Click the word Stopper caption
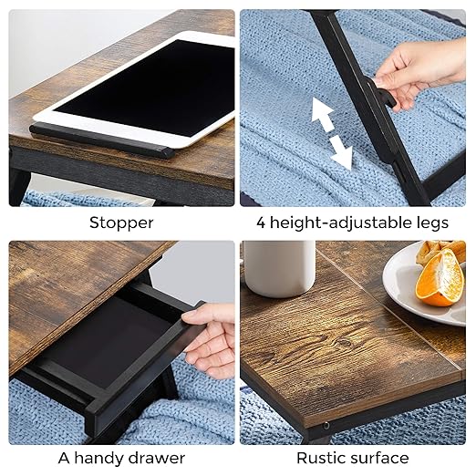pos(120,222)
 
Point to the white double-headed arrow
pos(331,133)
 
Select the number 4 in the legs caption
pos(262,222)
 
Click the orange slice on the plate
pos(440,278)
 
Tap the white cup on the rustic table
pos(278,268)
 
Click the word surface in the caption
pos(379,458)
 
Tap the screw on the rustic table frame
pos(325,425)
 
